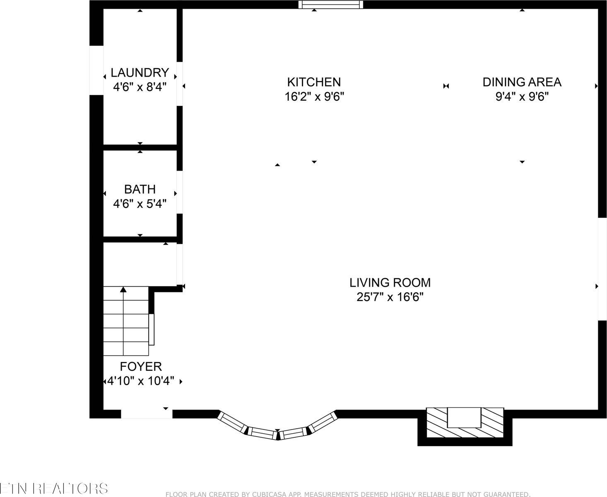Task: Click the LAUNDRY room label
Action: click(140, 73)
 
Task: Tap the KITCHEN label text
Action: click(314, 82)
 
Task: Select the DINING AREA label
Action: click(522, 82)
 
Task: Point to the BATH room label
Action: click(140, 189)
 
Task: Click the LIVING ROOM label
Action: click(390, 282)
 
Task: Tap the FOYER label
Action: click(141, 367)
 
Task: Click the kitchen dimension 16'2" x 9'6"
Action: click(314, 97)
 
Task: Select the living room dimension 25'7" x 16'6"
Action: click(390, 297)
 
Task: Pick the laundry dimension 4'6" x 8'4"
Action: click(140, 87)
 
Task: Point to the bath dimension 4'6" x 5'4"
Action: click(140, 204)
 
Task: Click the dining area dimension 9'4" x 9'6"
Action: click(522, 97)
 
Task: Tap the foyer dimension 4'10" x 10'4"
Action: click(141, 381)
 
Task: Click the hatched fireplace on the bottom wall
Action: click(465, 422)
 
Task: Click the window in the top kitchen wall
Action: click(330, 5)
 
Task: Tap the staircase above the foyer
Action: click(125, 321)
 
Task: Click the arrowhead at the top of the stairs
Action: click(123, 290)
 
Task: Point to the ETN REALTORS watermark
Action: click(54, 488)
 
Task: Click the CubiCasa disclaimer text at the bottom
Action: click(348, 494)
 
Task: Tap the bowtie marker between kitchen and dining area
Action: click(446, 86)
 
